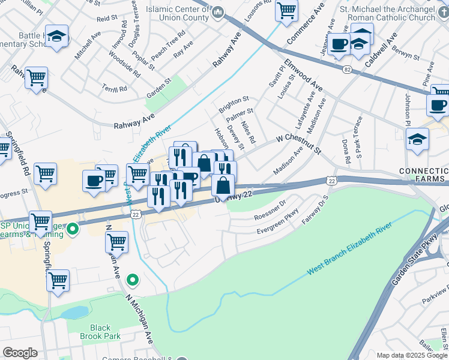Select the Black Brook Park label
click(x=104, y=332)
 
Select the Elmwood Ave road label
click(x=303, y=76)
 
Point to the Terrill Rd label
click(x=114, y=88)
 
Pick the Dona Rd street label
click(x=346, y=153)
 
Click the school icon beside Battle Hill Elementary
click(x=56, y=37)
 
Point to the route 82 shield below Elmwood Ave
click(x=347, y=70)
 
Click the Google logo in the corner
click(x=20, y=352)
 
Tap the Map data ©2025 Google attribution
click(x=411, y=355)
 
